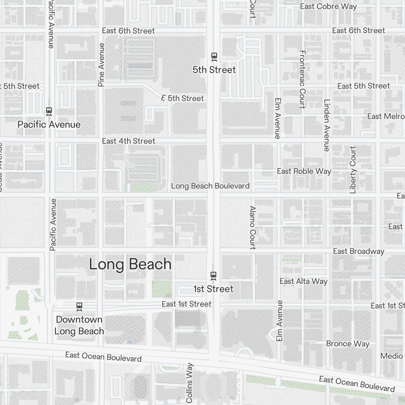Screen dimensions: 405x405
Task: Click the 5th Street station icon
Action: coord(214,57)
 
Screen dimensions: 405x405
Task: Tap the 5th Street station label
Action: coord(214,70)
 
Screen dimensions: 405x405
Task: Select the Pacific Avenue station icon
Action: coord(49,111)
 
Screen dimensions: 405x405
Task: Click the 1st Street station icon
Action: coord(213,276)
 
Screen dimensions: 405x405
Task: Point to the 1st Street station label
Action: coord(213,289)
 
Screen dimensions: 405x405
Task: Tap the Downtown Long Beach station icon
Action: coord(79,307)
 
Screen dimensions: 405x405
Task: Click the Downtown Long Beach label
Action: coord(79,325)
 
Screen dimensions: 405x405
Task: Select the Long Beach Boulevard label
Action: coord(210,186)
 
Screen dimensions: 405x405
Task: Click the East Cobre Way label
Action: coord(328,6)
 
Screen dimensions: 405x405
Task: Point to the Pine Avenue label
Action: coord(101,65)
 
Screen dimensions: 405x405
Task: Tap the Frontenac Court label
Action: coord(302,79)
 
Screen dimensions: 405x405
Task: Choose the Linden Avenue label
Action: coord(327,125)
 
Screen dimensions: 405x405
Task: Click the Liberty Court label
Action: coord(353,170)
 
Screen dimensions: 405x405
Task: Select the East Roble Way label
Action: coord(304,171)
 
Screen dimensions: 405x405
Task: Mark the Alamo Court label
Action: coord(253,227)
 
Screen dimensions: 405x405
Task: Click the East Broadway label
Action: coord(358,252)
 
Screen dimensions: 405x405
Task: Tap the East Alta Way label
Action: coord(303,281)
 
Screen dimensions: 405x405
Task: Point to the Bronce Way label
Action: coord(348,343)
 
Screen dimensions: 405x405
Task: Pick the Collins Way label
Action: coord(190,383)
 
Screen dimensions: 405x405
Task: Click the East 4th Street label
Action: coord(128,141)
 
